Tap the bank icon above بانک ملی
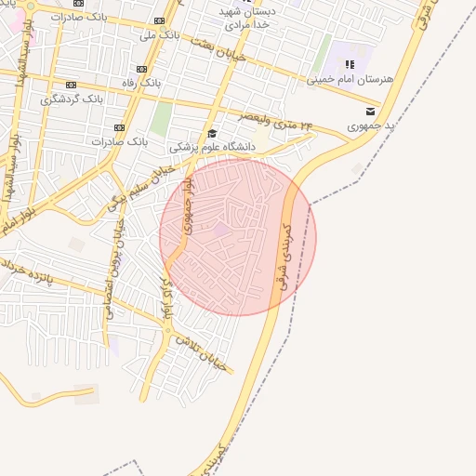point(160,20)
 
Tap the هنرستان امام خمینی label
point(350,80)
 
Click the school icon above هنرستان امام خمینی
point(350,64)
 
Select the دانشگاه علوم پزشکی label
point(212,147)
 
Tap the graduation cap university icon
point(212,133)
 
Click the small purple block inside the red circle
point(221,228)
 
